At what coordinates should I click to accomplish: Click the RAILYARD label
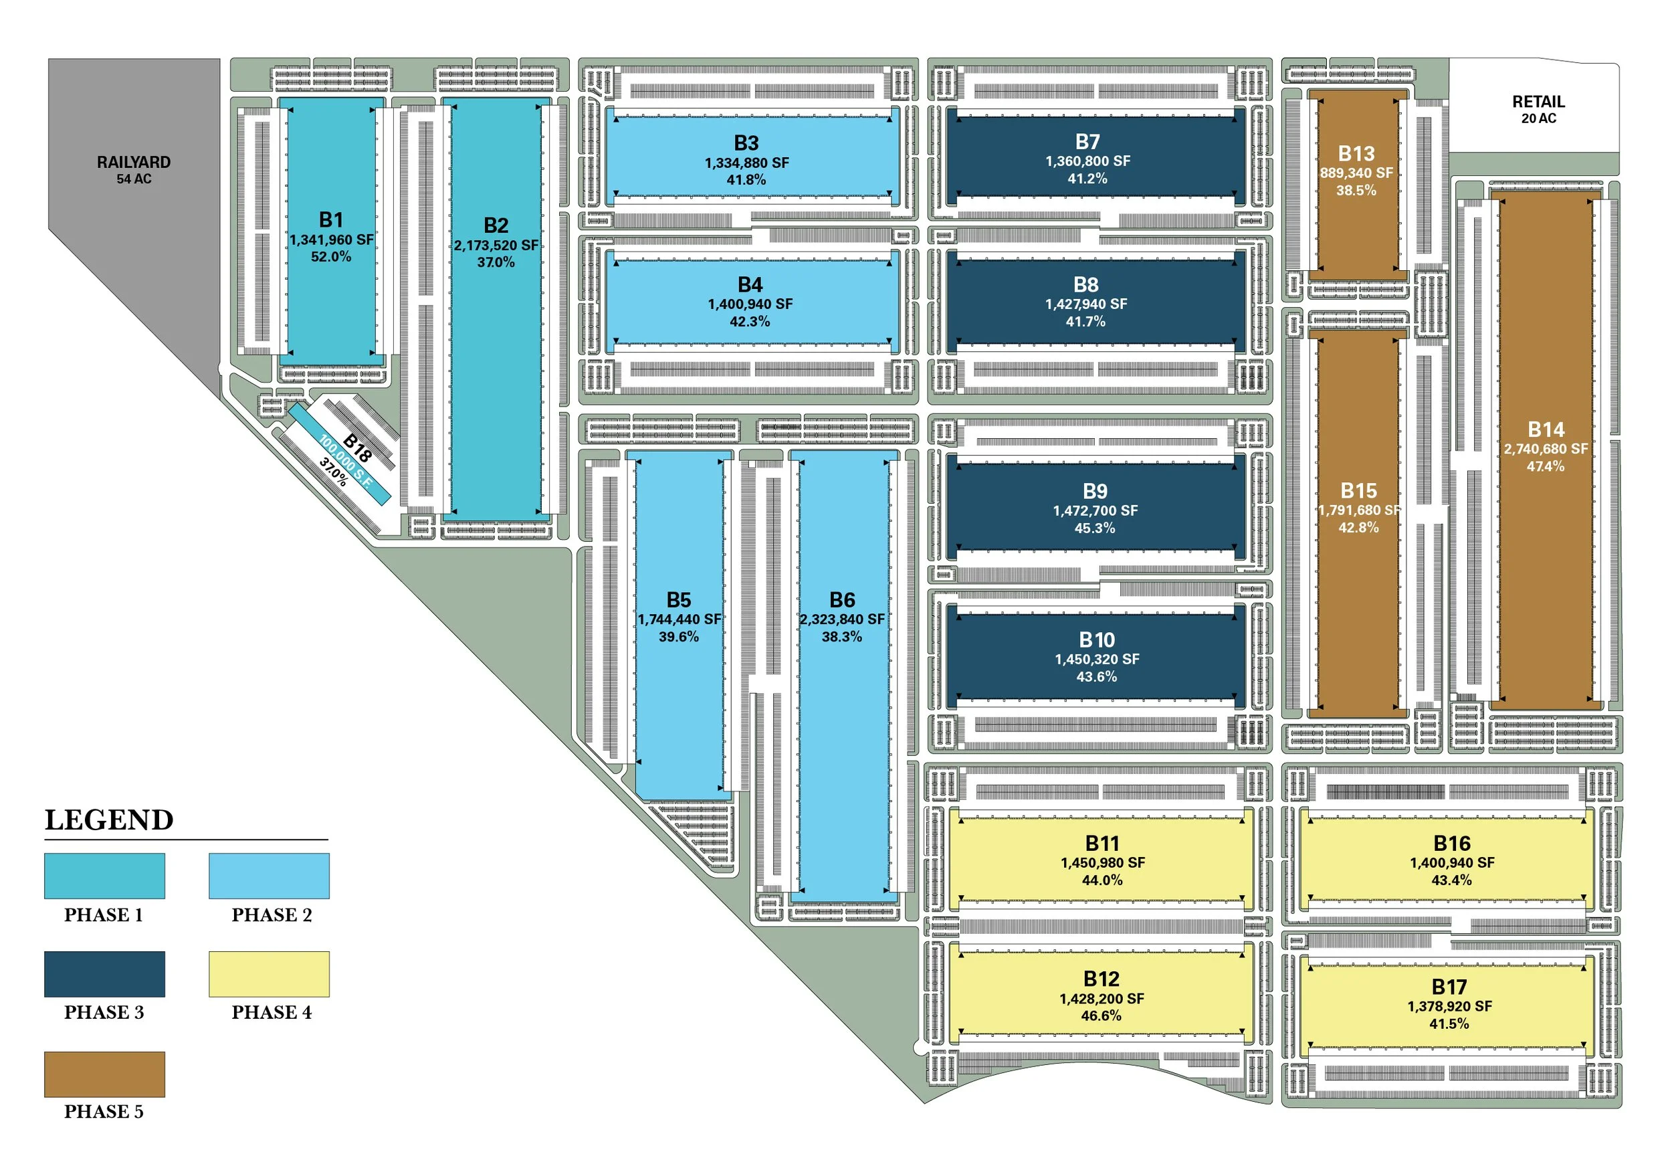(134, 163)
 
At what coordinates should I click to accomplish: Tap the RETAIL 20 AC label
(1538, 108)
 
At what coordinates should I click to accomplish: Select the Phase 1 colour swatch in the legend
(104, 876)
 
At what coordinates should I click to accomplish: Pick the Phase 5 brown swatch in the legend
(104, 1074)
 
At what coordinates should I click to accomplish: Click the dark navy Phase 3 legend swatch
(104, 974)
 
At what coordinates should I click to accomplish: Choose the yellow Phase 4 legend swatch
(269, 974)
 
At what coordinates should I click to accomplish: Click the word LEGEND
(109, 820)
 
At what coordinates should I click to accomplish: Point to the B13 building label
(1356, 154)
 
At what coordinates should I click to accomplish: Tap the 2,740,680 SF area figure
(1546, 449)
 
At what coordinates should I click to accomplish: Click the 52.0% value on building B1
(330, 256)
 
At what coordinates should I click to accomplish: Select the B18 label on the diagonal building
(357, 447)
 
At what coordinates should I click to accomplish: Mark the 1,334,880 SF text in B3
(746, 163)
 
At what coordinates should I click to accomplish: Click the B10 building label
(1096, 640)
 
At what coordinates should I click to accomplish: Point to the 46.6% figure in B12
(1100, 1015)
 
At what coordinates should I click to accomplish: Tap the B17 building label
(1449, 987)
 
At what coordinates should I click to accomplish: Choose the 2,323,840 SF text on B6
(842, 619)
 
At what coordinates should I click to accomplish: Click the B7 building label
(1087, 141)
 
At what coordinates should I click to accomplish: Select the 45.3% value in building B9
(1095, 528)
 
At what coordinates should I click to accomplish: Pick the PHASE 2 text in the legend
(272, 914)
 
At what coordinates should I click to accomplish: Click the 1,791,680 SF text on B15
(1359, 510)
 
